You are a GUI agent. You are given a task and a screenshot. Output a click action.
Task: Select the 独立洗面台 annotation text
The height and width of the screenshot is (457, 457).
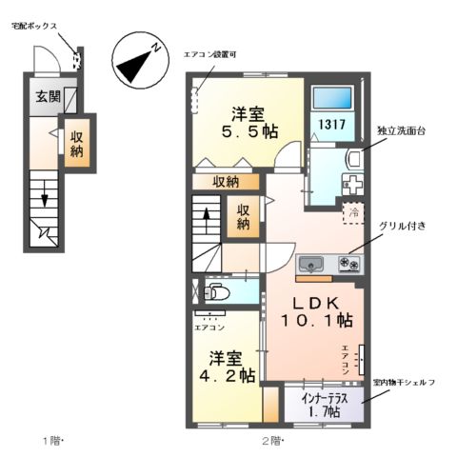pyautogui.click(x=401, y=129)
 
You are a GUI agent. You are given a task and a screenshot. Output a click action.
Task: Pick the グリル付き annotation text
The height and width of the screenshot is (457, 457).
pyautogui.click(x=408, y=226)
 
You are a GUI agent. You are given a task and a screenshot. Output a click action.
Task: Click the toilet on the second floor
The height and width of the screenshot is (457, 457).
pyautogui.click(x=214, y=292)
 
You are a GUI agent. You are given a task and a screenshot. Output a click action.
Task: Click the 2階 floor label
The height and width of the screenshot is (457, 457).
pyautogui.click(x=273, y=441)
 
